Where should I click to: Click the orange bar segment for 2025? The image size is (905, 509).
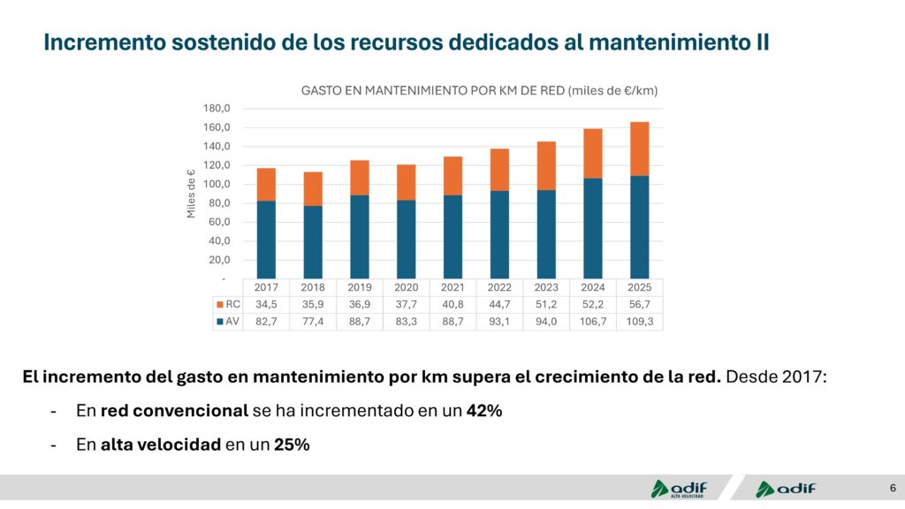tap(639, 148)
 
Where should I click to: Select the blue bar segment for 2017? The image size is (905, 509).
tap(266, 239)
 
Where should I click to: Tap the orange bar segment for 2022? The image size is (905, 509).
tap(499, 170)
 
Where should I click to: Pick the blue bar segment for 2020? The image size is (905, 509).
tap(407, 239)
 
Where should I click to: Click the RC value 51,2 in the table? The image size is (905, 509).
tap(546, 305)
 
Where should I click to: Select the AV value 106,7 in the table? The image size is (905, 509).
tap(593, 322)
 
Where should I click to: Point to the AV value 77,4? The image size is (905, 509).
tap(313, 322)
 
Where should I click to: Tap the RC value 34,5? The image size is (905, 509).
tap(266, 305)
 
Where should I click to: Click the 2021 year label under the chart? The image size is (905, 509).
tap(452, 288)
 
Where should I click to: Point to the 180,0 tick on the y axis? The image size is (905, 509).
tap(217, 109)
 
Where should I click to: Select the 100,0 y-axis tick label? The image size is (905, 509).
tap(217, 185)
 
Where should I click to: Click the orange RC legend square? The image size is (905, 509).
tap(219, 305)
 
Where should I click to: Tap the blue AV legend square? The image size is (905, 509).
tap(219, 322)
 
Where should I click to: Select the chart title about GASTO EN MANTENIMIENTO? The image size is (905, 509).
tap(480, 90)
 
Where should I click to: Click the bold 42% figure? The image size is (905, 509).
tap(484, 411)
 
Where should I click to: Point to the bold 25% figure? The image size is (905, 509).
tap(292, 444)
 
